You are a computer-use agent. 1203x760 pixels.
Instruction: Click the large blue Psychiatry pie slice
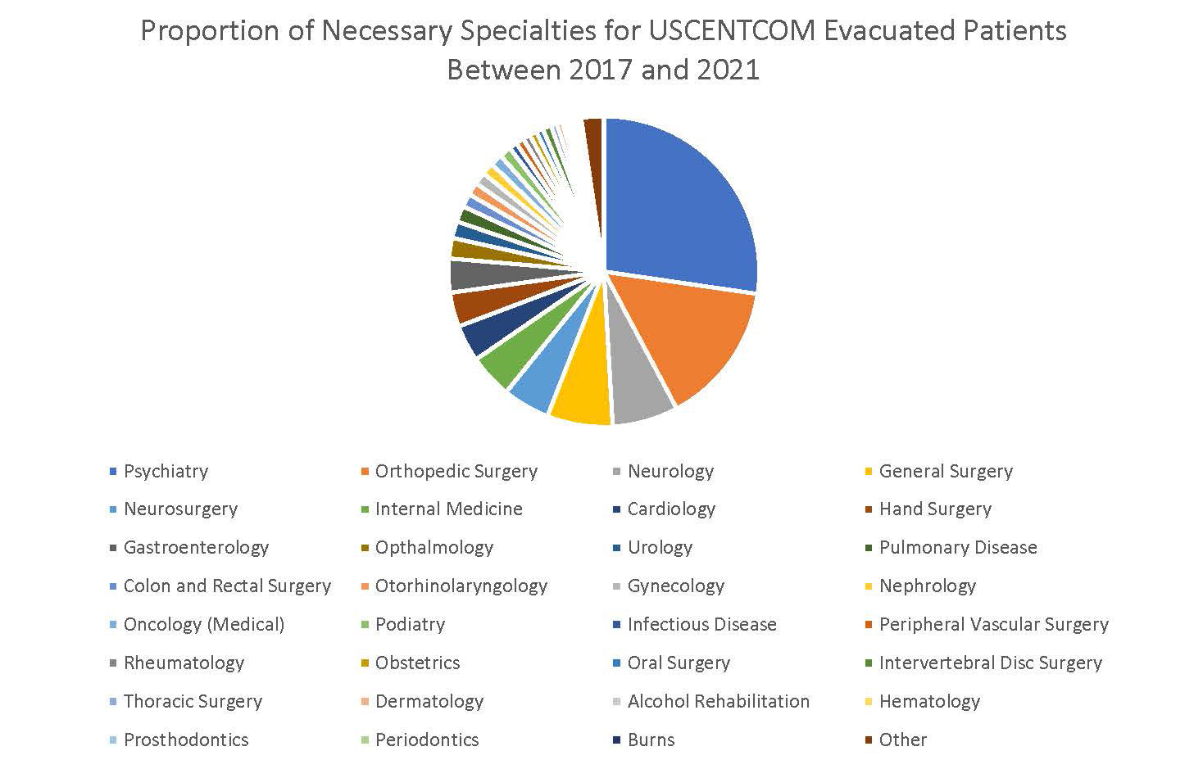(680, 205)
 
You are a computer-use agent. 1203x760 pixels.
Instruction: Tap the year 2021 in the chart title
(728, 70)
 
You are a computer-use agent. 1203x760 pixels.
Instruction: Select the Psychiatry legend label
(166, 471)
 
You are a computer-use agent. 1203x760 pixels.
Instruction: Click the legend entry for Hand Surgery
(935, 509)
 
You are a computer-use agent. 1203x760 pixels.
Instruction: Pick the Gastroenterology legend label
(196, 547)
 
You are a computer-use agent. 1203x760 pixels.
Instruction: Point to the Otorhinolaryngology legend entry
(461, 586)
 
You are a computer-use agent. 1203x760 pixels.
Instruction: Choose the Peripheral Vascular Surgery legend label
(993, 624)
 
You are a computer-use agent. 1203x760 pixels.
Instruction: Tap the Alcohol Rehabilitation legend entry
(718, 701)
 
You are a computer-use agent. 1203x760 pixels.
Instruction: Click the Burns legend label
(651, 740)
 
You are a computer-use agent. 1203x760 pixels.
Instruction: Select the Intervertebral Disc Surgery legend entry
(990, 663)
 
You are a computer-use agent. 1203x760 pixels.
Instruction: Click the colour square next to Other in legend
(868, 740)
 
